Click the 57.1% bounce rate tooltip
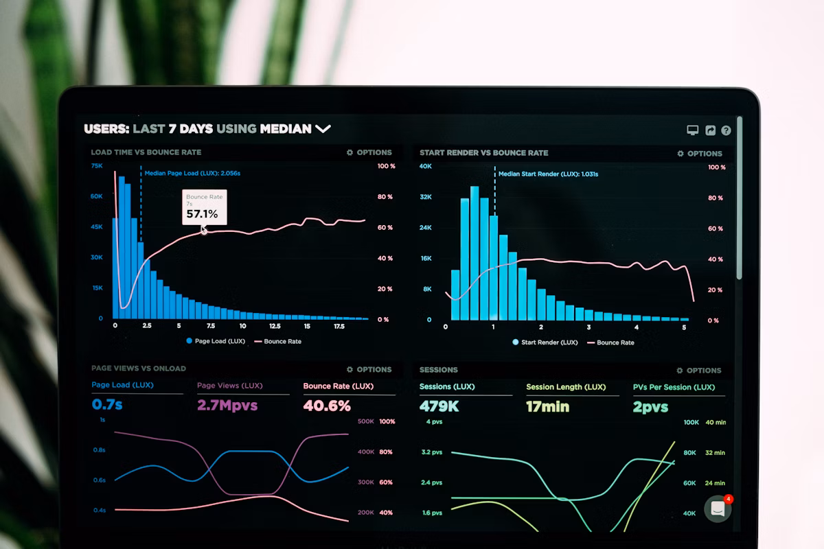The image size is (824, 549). pyautogui.click(x=204, y=207)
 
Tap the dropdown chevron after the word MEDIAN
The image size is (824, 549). pyautogui.click(x=323, y=129)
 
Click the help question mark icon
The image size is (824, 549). pyautogui.click(x=726, y=130)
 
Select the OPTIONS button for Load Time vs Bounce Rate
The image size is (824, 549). pyautogui.click(x=369, y=152)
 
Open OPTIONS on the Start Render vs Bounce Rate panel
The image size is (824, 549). pyautogui.click(x=700, y=154)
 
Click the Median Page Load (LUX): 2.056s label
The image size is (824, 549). pyautogui.click(x=192, y=174)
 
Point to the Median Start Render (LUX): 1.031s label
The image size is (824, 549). pyautogui.click(x=548, y=174)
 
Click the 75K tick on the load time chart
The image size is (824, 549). pyautogui.click(x=97, y=166)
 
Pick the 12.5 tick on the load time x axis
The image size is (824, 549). pyautogui.click(x=275, y=327)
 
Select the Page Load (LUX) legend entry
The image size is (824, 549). pyautogui.click(x=215, y=341)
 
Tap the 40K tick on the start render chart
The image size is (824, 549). pyautogui.click(x=426, y=167)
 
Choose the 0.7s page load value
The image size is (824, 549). pyautogui.click(x=107, y=405)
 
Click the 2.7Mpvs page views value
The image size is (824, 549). pyautogui.click(x=227, y=405)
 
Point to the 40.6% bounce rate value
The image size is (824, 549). pyautogui.click(x=327, y=406)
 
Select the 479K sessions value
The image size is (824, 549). pyautogui.click(x=439, y=406)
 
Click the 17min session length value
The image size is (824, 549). pyautogui.click(x=547, y=406)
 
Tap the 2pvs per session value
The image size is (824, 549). pyautogui.click(x=650, y=407)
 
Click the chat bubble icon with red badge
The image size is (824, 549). pyautogui.click(x=718, y=509)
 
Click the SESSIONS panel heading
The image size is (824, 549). pyautogui.click(x=439, y=370)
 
